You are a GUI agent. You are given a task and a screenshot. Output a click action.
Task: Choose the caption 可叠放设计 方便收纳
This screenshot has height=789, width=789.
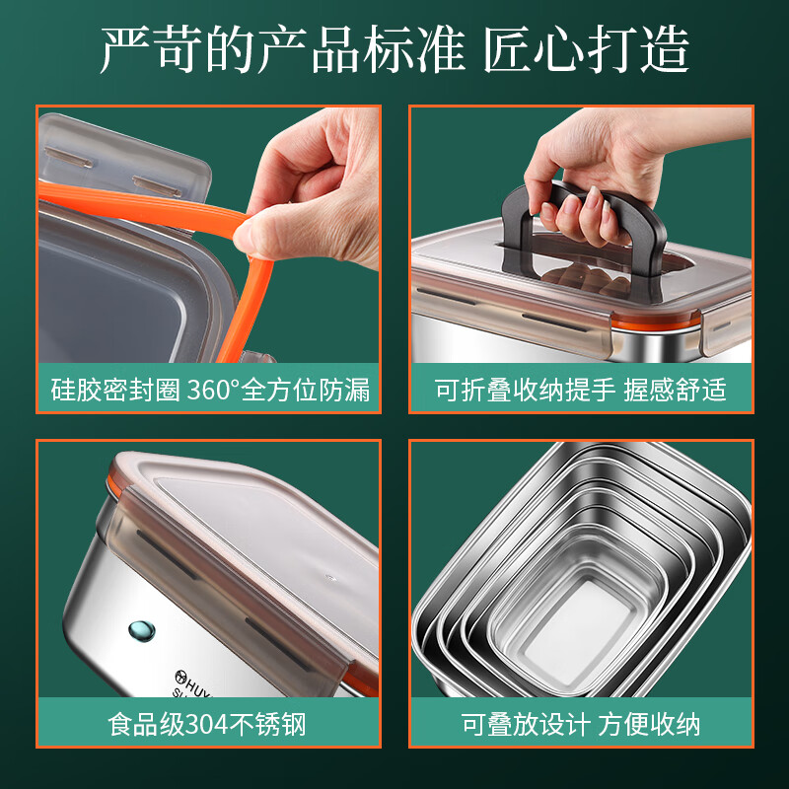[581, 725]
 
